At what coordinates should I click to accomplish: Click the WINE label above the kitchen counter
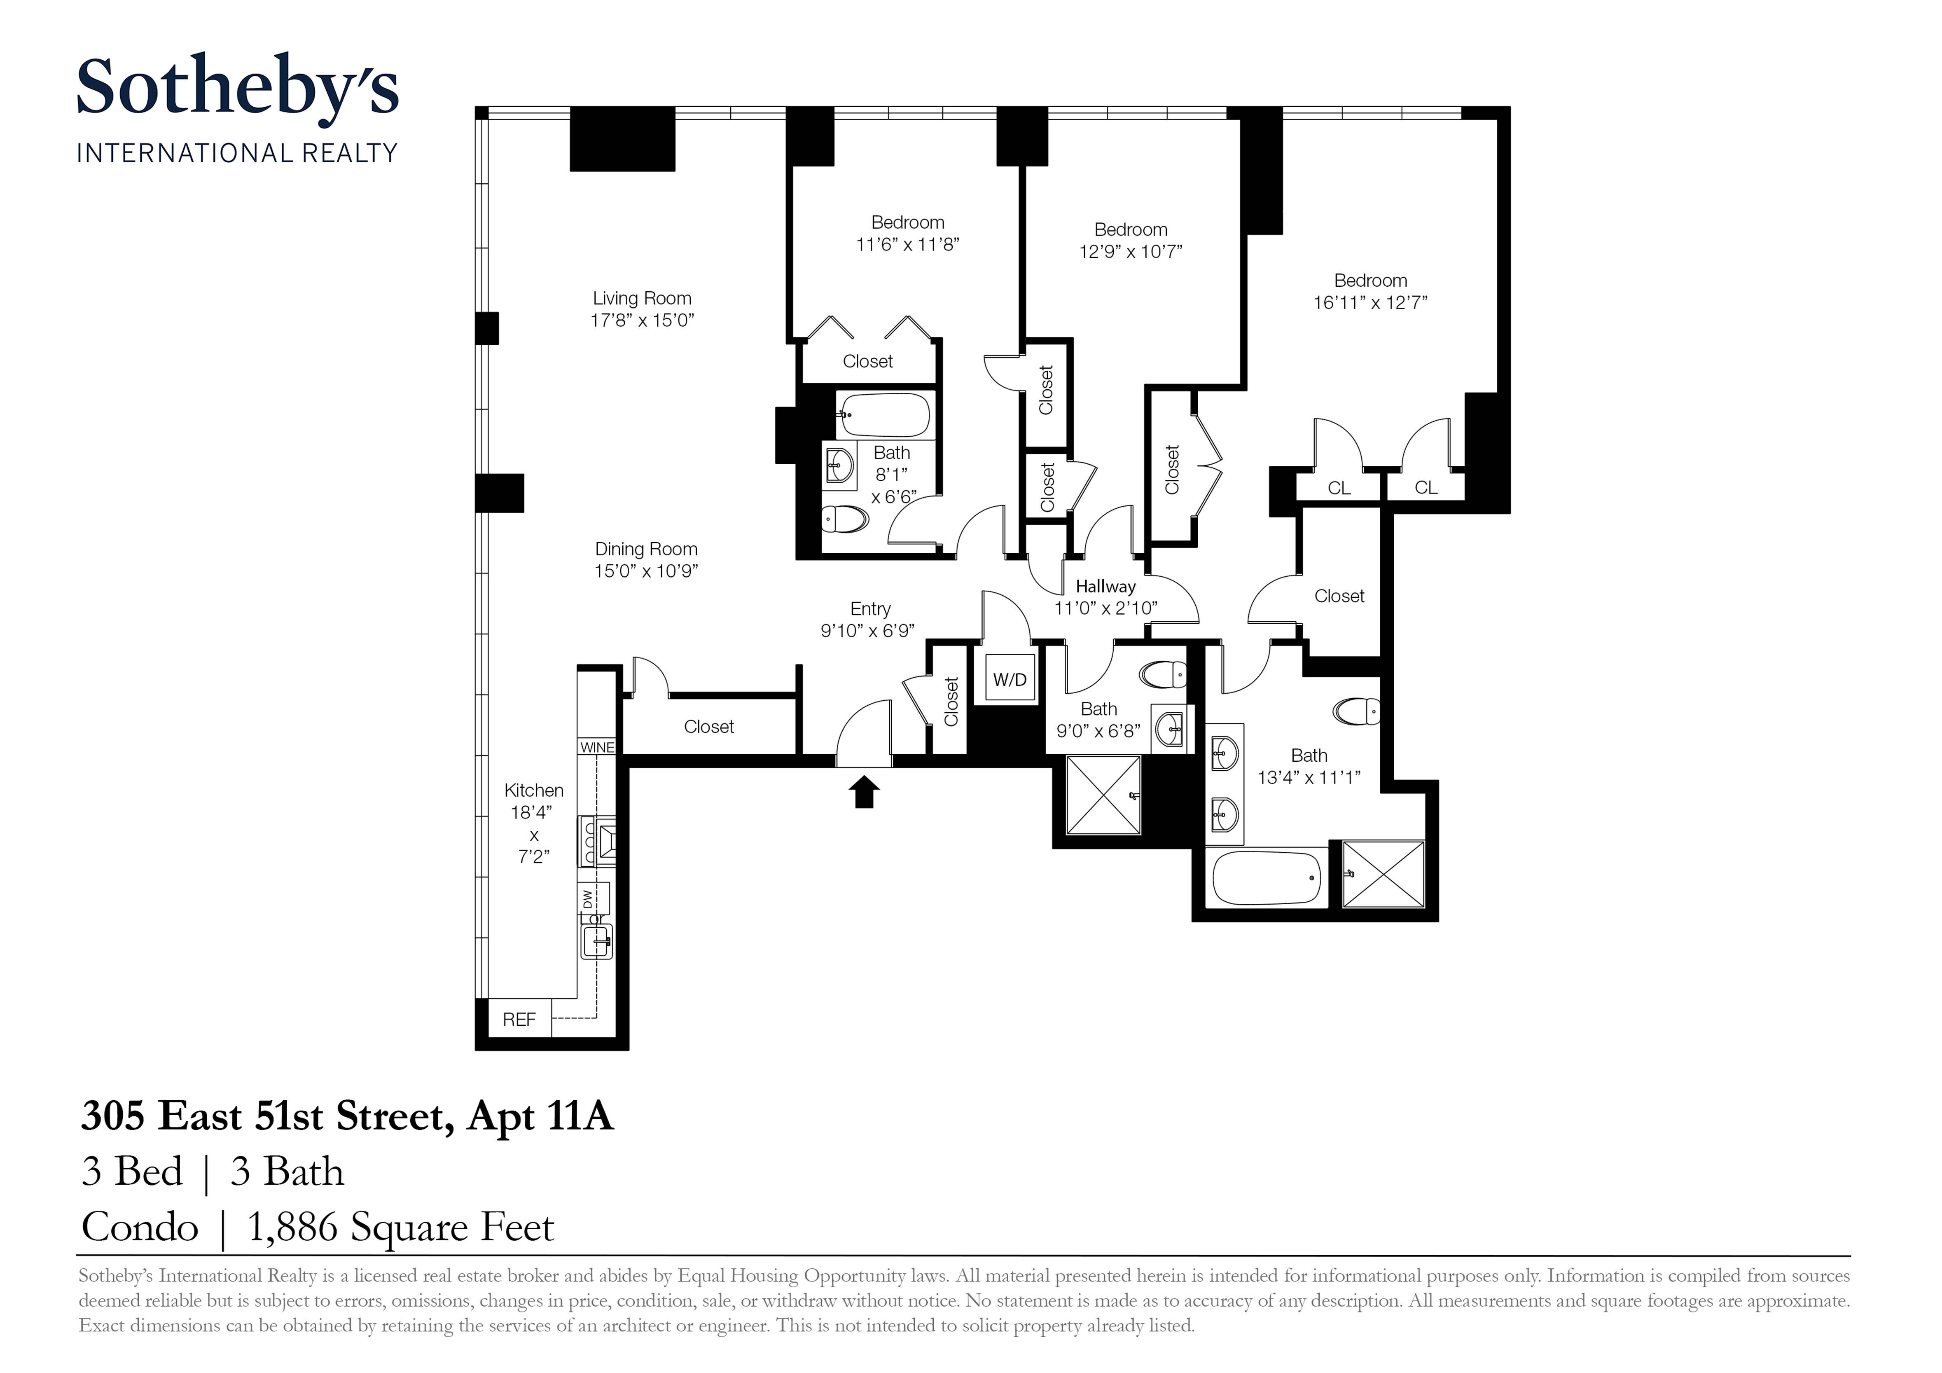click(597, 747)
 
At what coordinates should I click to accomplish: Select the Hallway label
click(1105, 586)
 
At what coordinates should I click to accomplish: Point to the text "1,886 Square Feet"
click(400, 1227)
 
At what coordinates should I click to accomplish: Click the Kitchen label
click(534, 790)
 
